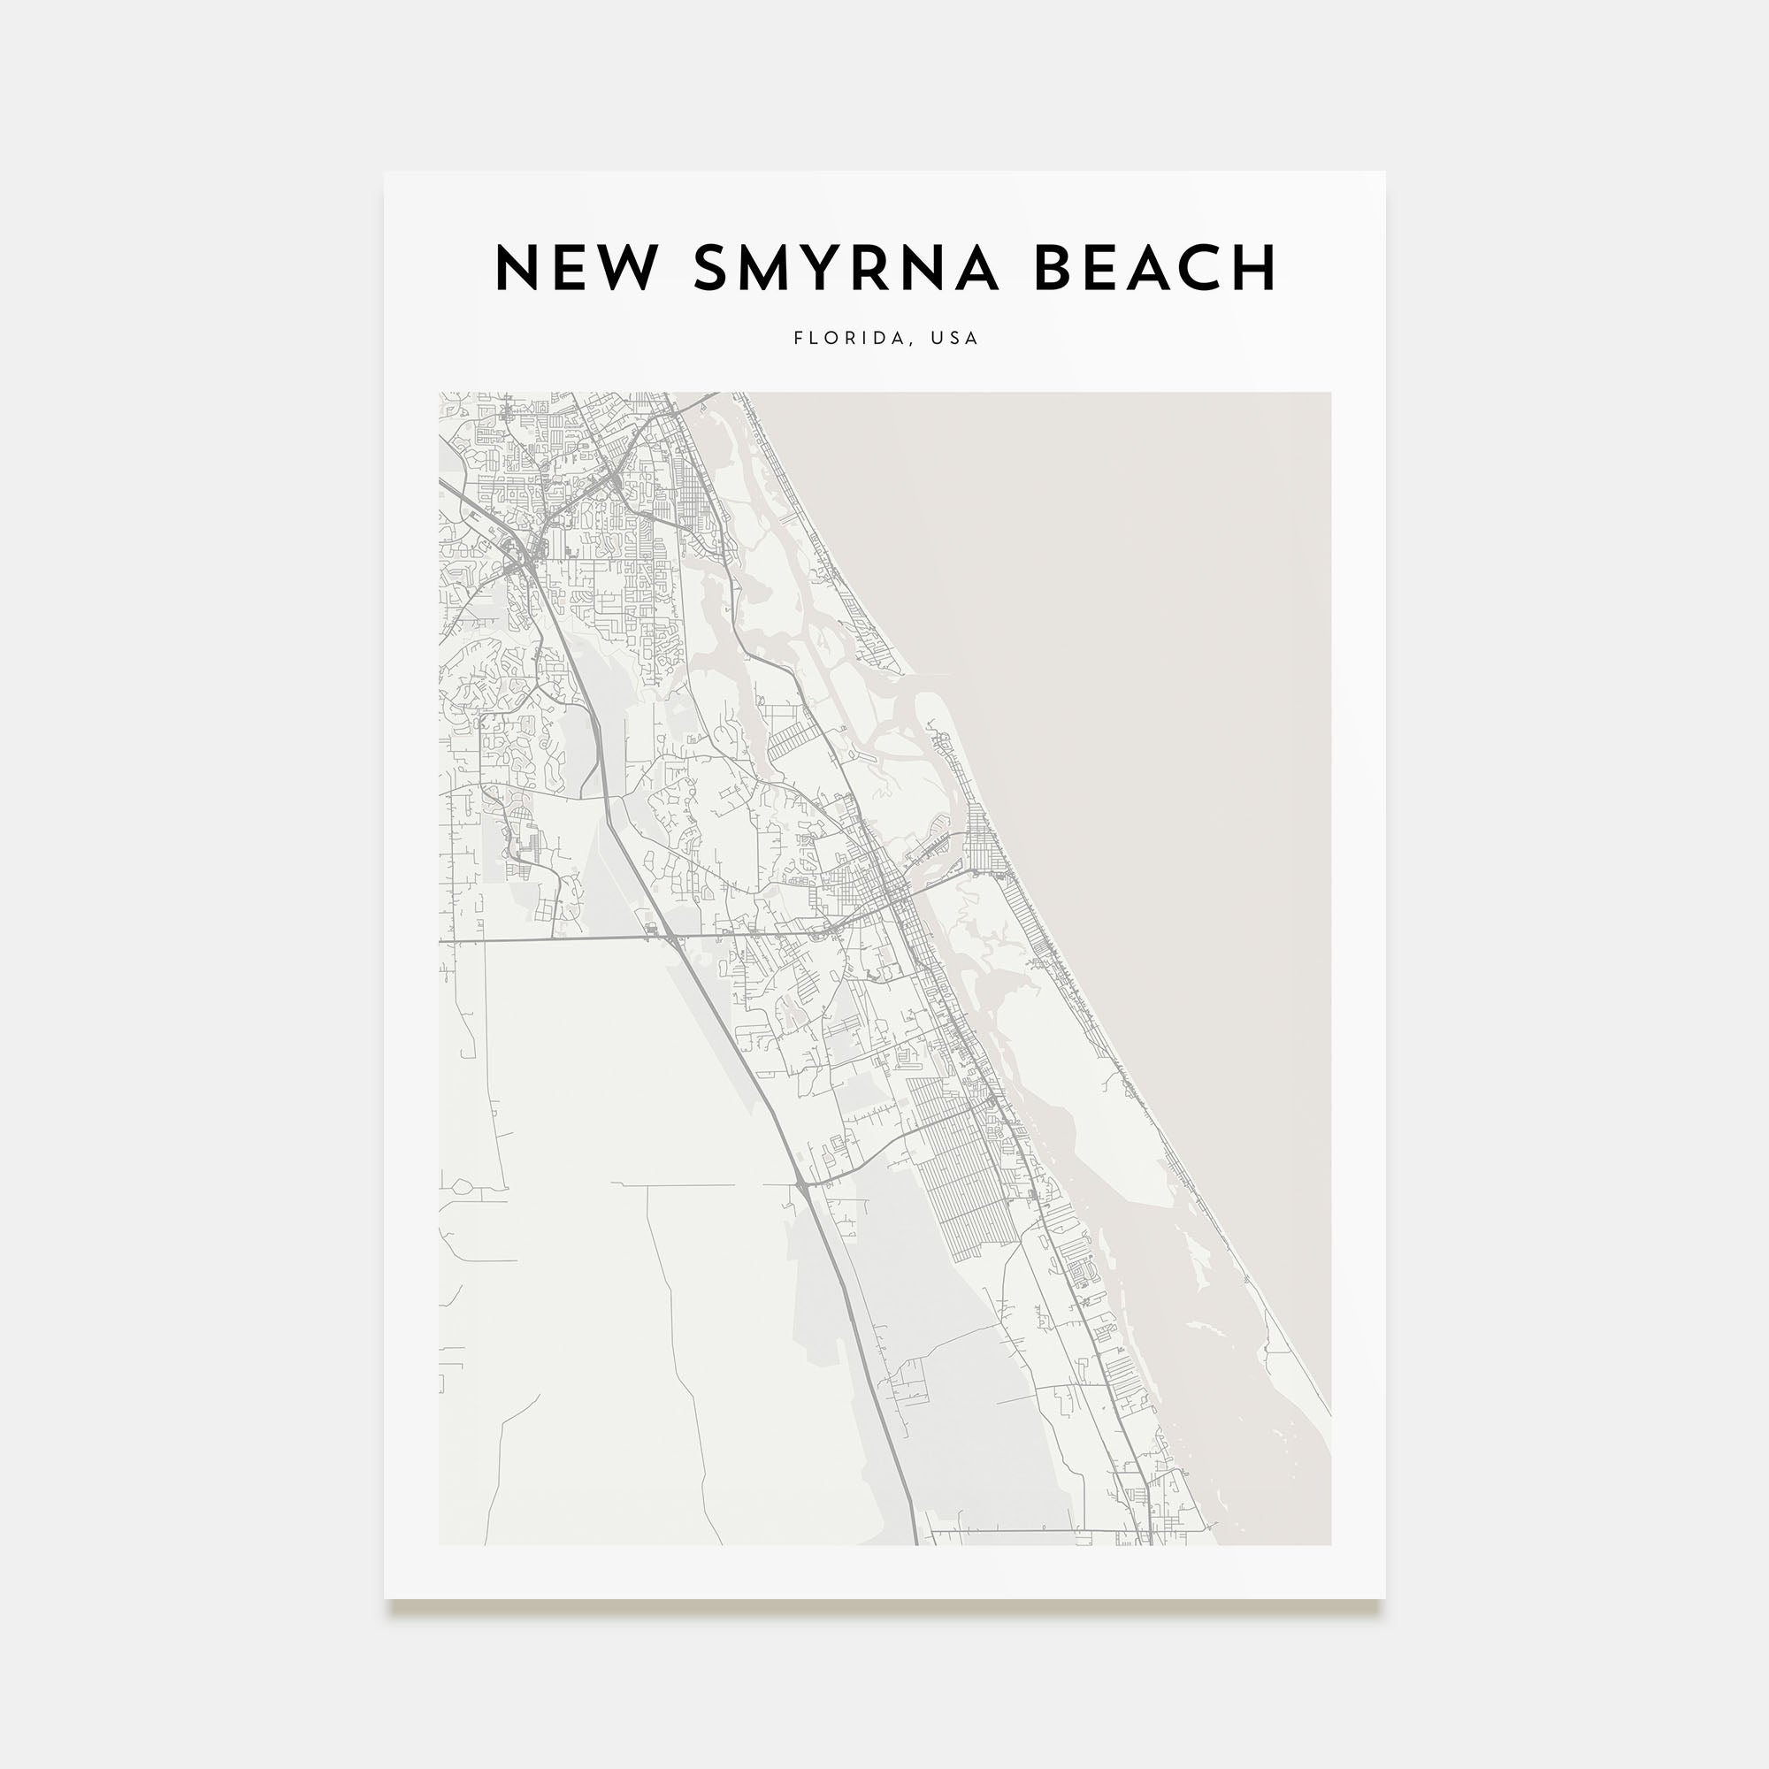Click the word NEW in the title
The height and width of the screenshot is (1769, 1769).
coord(576,267)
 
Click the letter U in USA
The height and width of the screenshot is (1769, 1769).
coord(937,338)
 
